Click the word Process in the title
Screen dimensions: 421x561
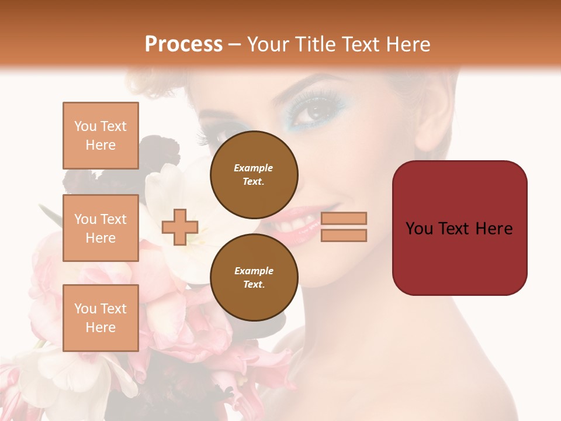coord(183,44)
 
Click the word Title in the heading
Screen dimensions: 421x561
coord(314,44)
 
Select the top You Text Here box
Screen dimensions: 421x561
coord(101,136)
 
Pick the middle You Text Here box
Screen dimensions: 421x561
coord(101,228)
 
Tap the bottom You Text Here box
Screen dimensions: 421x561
coord(101,318)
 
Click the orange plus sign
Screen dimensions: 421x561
coord(180,227)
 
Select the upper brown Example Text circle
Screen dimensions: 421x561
coord(254,174)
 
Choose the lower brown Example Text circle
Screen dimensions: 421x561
coord(254,277)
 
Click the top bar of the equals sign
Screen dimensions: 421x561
coord(344,218)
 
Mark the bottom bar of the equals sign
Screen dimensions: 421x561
coord(344,235)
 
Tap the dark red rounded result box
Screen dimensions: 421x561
coord(459,228)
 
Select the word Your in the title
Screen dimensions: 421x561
coord(268,44)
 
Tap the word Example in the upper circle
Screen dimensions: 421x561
coord(254,168)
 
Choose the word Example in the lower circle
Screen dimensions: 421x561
coord(254,271)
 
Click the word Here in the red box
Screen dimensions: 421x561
coord(494,229)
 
